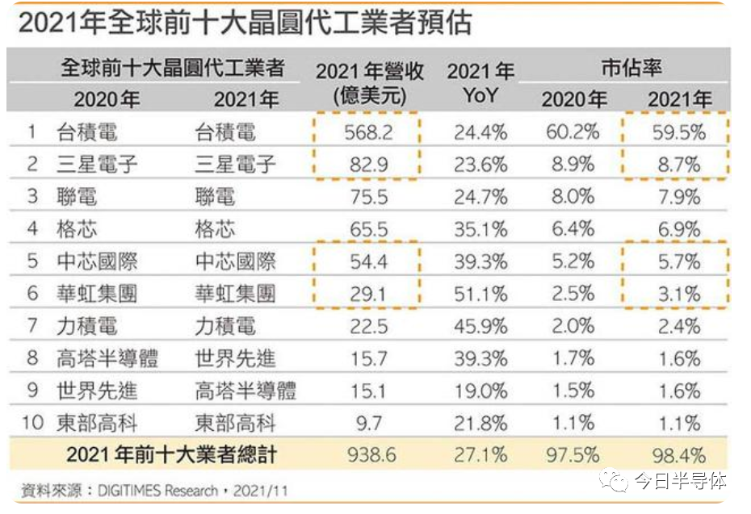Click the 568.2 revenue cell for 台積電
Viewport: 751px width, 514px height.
click(368, 132)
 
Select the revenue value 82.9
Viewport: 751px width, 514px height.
click(368, 165)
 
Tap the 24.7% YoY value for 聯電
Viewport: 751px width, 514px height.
click(480, 197)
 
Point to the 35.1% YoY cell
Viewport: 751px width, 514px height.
click(480, 229)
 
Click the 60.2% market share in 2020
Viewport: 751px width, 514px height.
click(573, 132)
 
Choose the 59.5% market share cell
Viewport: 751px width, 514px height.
click(678, 132)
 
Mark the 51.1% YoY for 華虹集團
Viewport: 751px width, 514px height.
click(480, 294)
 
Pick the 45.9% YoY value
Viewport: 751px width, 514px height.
click(480, 327)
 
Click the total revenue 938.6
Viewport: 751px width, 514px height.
click(371, 455)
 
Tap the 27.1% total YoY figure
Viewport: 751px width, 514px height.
click(480, 455)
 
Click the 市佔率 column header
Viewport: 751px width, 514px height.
click(631, 68)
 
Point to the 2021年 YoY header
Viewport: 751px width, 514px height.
click(480, 82)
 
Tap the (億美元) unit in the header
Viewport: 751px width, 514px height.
click(369, 96)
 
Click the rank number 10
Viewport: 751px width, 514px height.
click(32, 423)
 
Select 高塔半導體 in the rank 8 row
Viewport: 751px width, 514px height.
click(107, 358)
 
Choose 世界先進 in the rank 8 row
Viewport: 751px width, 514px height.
click(235, 358)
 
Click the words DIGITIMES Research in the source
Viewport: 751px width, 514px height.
click(157, 491)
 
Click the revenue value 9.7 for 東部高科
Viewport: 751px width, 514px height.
click(369, 423)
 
